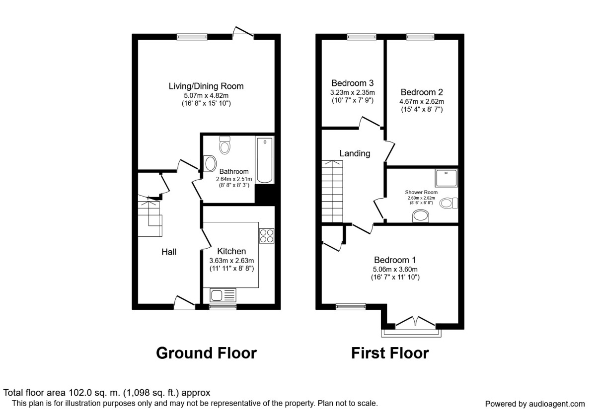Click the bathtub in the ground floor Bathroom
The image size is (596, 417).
pos(264,160)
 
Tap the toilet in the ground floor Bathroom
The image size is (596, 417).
pos(225,145)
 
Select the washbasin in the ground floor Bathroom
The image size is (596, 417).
pos(210,163)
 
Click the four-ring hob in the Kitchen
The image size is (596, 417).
pos(267,236)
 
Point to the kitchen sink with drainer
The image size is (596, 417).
pos(223,295)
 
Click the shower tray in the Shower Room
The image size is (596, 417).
pos(447,178)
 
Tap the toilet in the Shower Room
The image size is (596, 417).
pos(448,203)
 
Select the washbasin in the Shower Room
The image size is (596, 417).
pos(421,215)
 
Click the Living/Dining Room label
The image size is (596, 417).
pos(206,86)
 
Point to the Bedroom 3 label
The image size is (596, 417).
pos(353,83)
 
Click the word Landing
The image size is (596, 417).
pos(355,153)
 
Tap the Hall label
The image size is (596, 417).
pos(169,252)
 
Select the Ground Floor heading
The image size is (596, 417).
pos(206,353)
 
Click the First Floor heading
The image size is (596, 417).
pos(390,353)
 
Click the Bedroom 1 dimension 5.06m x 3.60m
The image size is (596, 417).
pos(395,270)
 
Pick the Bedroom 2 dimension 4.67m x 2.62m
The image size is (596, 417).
pos(422,102)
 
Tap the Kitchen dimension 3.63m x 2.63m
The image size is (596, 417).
pos(231,261)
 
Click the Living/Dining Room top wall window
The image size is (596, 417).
pos(192,37)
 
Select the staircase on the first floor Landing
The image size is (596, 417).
pos(332,191)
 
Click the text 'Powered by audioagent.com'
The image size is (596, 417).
pos(535,404)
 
